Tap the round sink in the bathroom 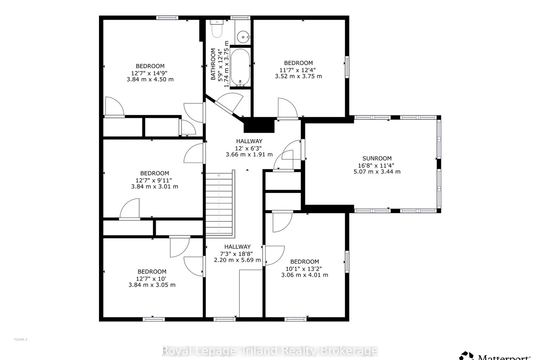click(243, 37)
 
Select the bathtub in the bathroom click(240, 67)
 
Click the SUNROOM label click(377, 158)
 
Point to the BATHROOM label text click(213, 64)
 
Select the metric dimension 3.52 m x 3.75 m click(298, 76)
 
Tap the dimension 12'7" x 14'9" click(149, 73)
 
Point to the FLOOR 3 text click(21, 339)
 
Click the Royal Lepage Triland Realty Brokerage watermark click(270, 351)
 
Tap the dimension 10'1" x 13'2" click(304, 269)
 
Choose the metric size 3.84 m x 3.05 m click(152, 285)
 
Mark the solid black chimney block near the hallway click(259, 125)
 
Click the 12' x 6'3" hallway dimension click(248, 148)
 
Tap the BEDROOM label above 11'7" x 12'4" click(298, 63)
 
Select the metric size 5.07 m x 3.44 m click(377, 172)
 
